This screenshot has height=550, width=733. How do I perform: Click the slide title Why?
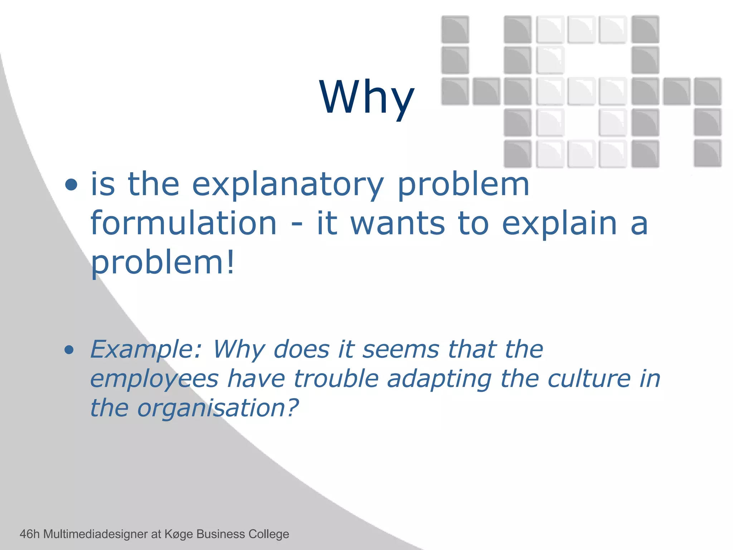click(x=366, y=97)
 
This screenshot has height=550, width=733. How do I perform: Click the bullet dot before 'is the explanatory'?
click(x=71, y=185)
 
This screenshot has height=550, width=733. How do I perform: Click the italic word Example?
click(x=146, y=349)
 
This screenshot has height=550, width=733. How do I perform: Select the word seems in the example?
click(x=401, y=349)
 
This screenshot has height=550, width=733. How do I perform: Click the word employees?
click(x=154, y=379)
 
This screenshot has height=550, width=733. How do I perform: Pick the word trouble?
click(x=336, y=379)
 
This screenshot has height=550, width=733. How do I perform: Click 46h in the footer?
click(x=29, y=534)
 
